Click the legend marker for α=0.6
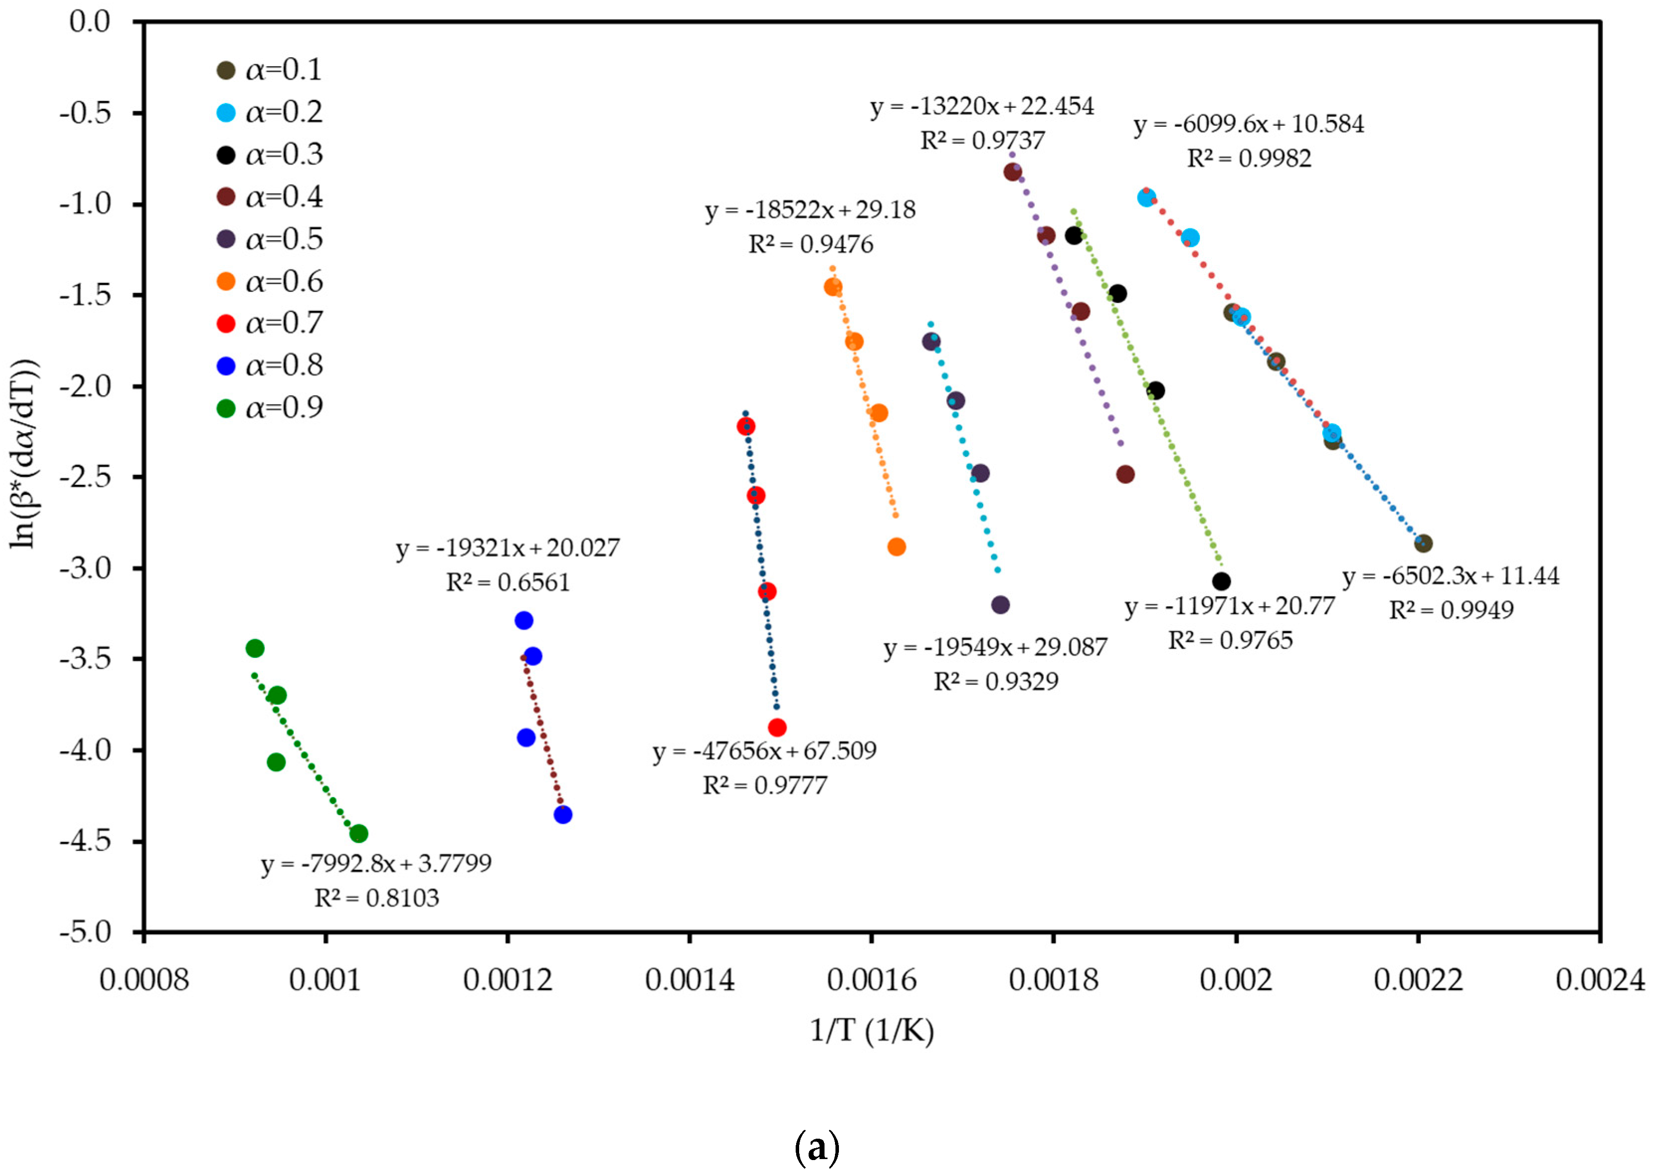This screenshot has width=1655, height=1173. click(x=226, y=282)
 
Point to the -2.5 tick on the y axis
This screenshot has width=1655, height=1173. click(x=85, y=477)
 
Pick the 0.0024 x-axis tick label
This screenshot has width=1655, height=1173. click(x=1599, y=980)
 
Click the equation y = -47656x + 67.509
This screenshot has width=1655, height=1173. click(x=764, y=751)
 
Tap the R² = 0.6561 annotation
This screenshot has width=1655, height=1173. click(x=507, y=582)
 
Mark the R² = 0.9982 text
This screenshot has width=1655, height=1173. click(x=1249, y=158)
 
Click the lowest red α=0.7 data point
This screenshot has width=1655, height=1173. click(x=777, y=727)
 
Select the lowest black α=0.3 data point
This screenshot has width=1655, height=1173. click(x=1221, y=581)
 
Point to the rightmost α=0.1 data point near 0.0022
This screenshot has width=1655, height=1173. click(x=1422, y=543)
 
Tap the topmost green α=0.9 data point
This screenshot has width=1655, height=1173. click(x=254, y=648)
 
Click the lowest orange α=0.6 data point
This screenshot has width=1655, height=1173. click(x=896, y=547)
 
